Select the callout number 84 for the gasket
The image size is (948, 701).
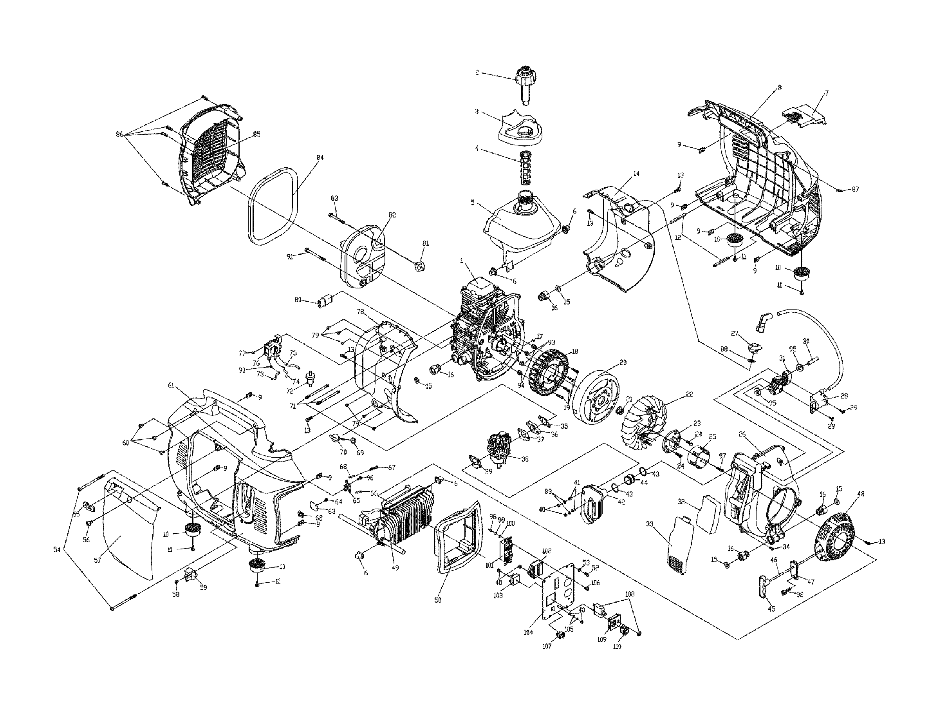(x=320, y=158)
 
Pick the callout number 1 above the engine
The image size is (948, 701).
(x=462, y=261)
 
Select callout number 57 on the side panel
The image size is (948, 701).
(x=98, y=560)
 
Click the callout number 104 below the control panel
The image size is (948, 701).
(x=528, y=632)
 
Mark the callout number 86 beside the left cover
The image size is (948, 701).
(x=119, y=134)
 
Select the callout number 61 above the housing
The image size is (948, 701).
(x=171, y=385)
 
